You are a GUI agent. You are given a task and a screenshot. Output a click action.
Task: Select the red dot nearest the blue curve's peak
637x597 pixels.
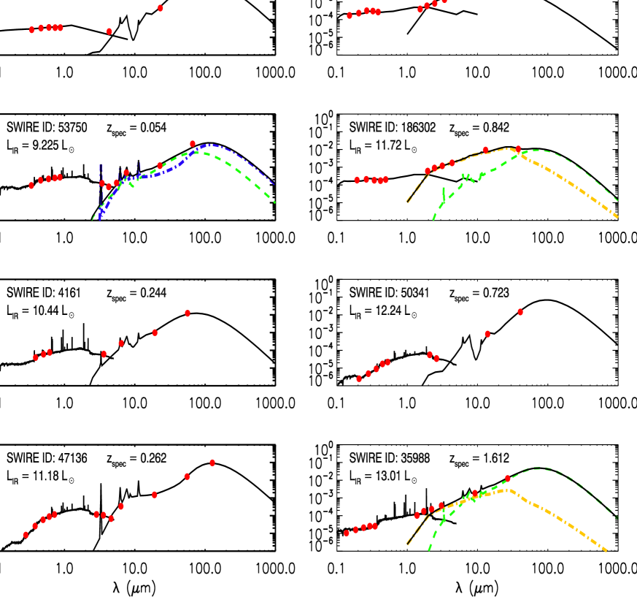click(193, 144)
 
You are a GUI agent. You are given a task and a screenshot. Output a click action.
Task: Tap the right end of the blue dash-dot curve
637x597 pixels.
click(274, 184)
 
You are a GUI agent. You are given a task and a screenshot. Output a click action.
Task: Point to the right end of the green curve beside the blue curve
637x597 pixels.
click(275, 202)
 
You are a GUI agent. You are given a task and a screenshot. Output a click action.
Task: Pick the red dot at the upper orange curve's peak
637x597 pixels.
click(518, 149)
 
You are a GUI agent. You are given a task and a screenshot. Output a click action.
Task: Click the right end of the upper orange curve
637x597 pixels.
click(618, 218)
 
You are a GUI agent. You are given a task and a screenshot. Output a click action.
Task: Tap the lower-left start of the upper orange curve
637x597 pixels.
click(406, 202)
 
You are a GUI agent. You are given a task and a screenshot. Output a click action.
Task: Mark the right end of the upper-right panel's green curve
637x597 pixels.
click(618, 200)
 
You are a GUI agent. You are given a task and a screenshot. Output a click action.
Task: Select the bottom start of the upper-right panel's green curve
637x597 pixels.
click(433, 220)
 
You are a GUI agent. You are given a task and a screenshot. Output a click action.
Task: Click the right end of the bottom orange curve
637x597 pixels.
click(607, 552)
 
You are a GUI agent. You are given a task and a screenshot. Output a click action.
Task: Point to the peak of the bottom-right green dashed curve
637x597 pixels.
click(538, 468)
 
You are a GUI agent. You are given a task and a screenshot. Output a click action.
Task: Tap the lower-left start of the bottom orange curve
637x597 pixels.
click(406, 545)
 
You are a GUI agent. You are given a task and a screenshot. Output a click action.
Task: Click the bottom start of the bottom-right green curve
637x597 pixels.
click(429, 550)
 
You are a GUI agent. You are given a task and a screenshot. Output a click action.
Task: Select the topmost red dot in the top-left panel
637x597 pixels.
click(161, 8)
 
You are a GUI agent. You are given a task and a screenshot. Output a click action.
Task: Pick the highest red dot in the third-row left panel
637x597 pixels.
click(188, 313)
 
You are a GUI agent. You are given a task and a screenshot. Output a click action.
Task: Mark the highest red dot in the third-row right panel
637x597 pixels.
click(520, 312)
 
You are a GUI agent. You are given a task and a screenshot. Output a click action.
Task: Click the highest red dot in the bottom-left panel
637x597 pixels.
click(212, 463)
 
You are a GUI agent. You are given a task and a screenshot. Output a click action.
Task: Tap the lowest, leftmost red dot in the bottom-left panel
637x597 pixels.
click(26, 535)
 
